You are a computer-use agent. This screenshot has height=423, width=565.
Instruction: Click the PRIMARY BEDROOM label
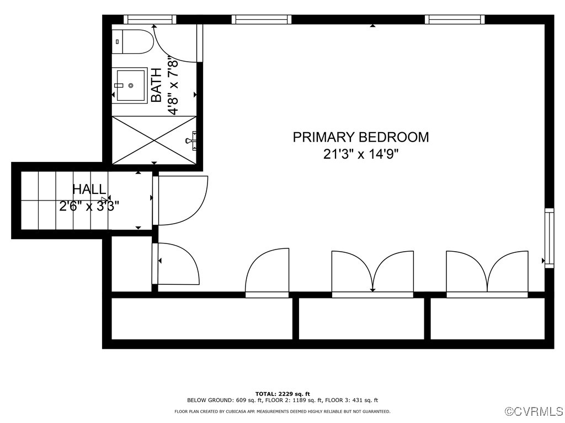(361, 137)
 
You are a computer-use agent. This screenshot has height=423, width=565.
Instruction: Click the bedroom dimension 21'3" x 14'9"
(361, 154)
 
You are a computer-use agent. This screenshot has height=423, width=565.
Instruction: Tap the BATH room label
(156, 85)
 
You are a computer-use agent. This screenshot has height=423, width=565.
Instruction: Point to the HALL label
(89, 189)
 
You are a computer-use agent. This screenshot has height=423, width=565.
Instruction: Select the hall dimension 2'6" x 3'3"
(89, 207)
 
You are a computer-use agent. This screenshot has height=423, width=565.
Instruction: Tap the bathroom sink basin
(130, 85)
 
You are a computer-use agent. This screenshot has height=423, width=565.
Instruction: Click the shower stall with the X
(154, 140)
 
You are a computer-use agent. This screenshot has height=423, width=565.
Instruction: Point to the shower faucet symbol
(191, 140)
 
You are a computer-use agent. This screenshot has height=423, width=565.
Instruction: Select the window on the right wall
(549, 238)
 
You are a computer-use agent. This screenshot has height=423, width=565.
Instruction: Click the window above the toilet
(150, 19)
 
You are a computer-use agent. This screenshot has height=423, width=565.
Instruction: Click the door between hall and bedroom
(180, 200)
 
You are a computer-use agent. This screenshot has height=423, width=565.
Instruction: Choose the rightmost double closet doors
(487, 273)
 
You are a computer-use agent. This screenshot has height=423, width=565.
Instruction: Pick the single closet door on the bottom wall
(267, 272)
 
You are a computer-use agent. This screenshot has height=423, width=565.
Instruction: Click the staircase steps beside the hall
(65, 200)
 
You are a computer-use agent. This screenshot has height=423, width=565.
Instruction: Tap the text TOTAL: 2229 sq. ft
(282, 394)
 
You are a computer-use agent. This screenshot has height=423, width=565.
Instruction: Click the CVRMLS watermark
(534, 411)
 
